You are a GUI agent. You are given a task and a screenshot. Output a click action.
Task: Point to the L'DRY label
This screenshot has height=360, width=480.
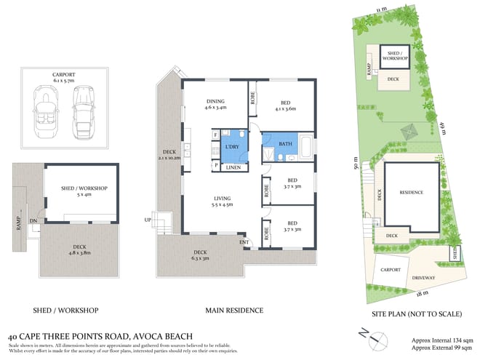233,148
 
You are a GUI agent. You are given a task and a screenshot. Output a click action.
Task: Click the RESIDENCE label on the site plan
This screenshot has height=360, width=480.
412,193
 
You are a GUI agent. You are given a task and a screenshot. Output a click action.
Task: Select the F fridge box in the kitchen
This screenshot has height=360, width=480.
216,135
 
